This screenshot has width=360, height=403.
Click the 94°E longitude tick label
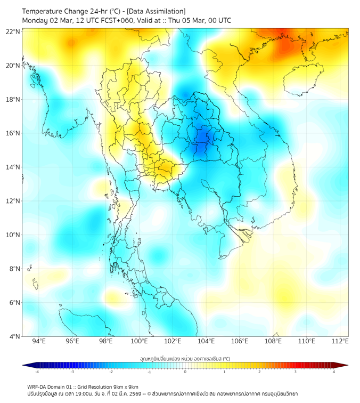coord(39,341)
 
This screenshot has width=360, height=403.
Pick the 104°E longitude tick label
coord(206,341)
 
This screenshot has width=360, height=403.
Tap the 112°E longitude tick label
coord(340,341)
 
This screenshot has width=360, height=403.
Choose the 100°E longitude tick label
coord(139,341)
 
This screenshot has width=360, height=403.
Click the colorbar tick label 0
coord(185,372)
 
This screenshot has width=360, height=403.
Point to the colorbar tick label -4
coord(36,372)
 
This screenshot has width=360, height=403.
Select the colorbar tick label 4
coord(334,372)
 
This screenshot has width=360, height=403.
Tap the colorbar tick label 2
coord(259,372)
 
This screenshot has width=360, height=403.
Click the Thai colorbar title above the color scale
coord(185,358)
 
